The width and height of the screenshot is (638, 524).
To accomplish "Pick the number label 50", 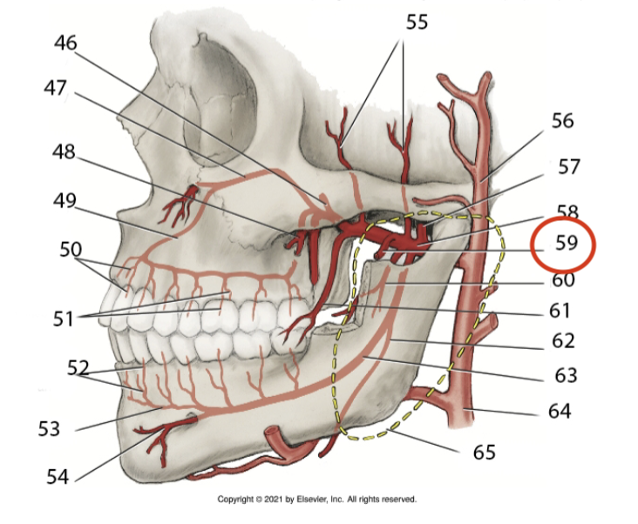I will coord(70,249).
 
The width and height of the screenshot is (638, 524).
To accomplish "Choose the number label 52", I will coord(78,366).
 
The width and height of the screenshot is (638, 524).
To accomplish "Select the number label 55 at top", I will coord(416,22).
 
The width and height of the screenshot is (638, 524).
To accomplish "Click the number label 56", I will coord(562,119).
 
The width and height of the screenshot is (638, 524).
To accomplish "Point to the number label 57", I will coord(568,165).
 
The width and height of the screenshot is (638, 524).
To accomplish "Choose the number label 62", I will coord(565,342).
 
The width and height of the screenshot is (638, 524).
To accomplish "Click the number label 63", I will coord(566,376).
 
